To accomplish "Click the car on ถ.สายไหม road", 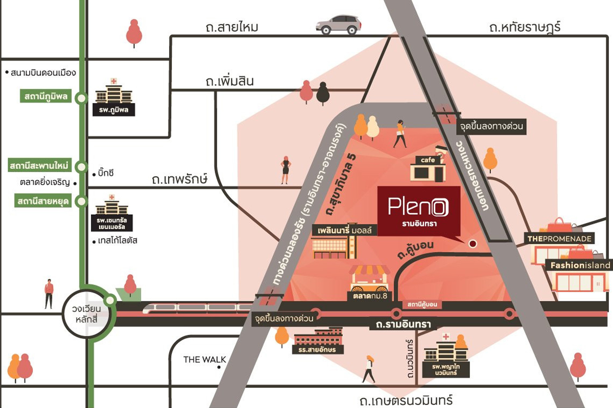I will pos(338,24).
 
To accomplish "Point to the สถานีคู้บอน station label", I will pos(421,304).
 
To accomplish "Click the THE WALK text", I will pos(204,360).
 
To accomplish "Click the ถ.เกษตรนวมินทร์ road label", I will pos(398,399).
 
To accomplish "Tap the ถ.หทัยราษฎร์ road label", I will pos(525,27).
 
